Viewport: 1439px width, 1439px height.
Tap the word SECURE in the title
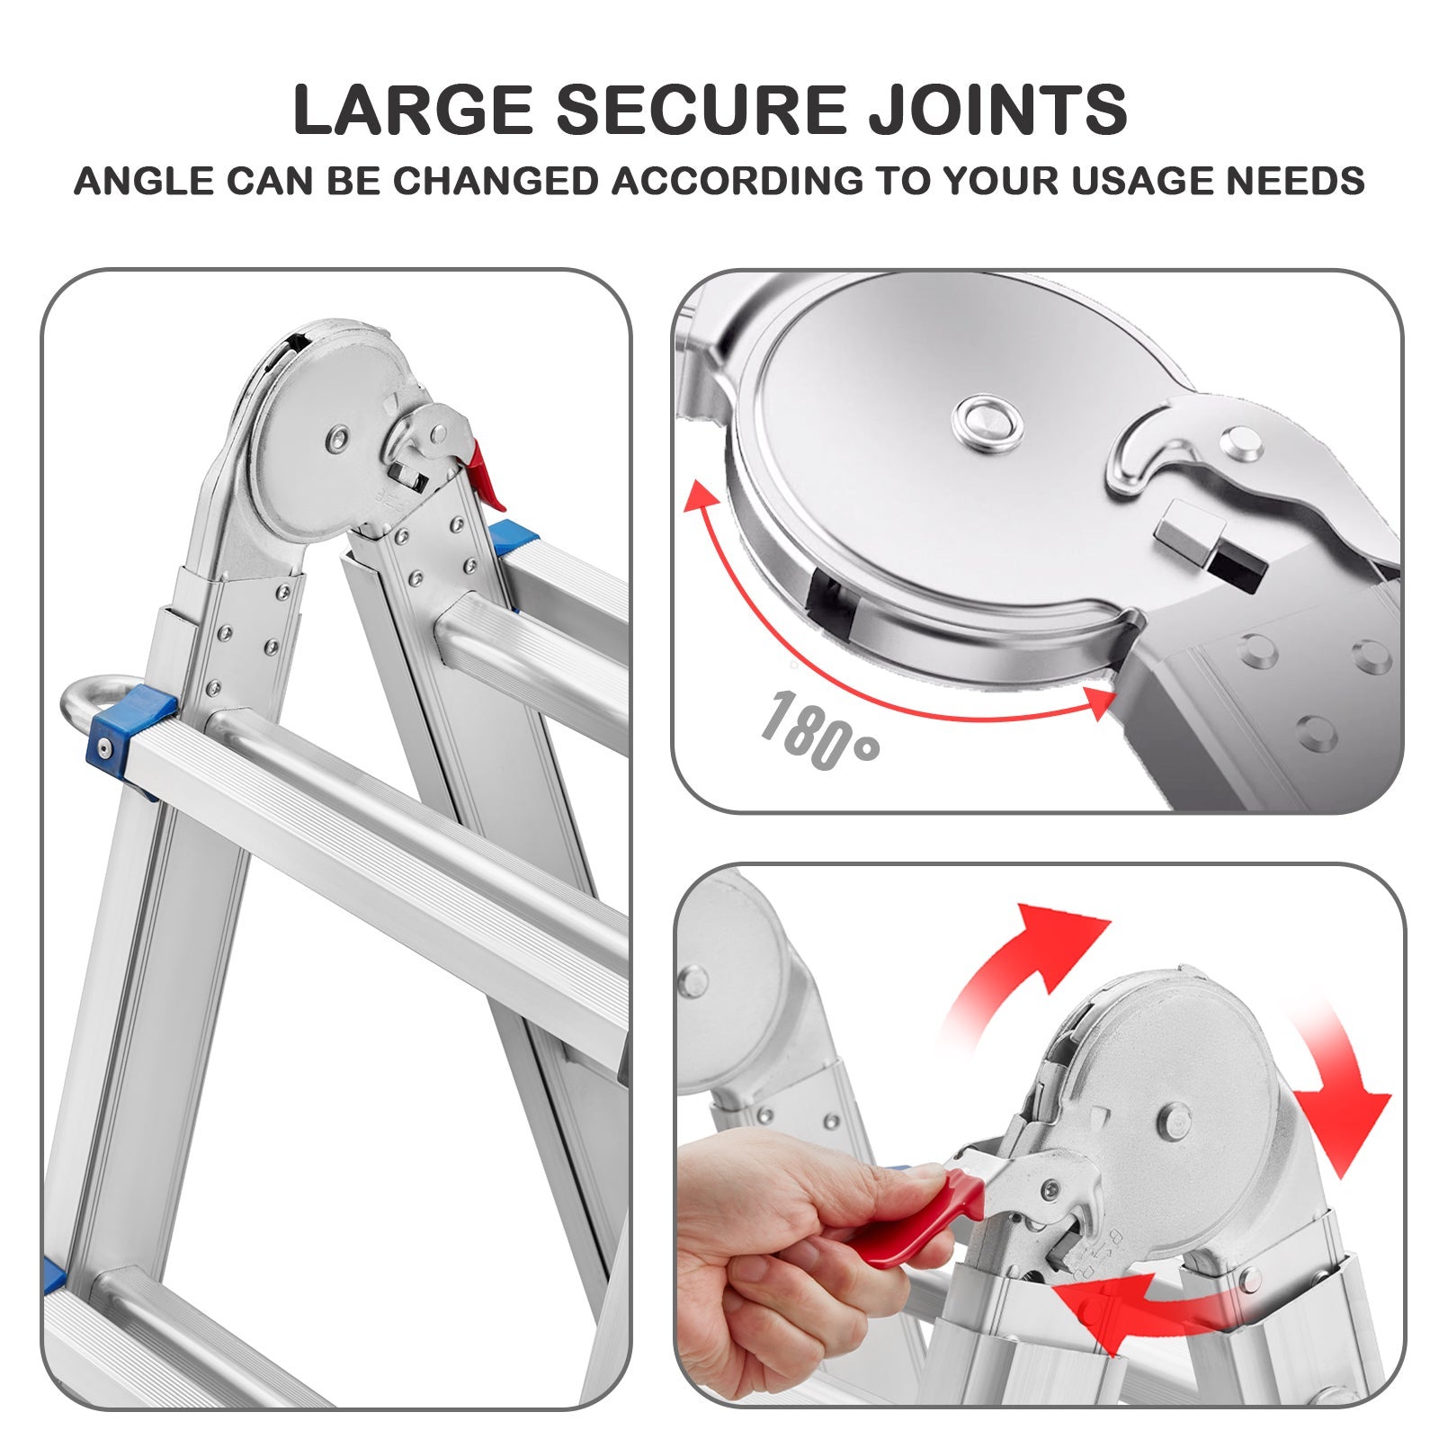(x=701, y=110)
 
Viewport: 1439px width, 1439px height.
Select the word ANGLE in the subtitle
(x=144, y=182)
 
